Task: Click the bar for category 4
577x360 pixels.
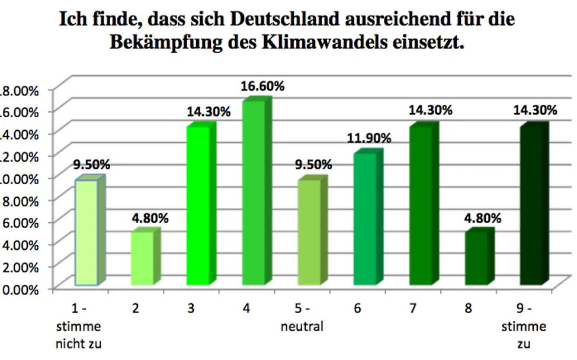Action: [254, 195]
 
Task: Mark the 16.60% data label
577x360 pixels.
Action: [262, 86]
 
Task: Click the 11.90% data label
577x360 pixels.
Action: [369, 138]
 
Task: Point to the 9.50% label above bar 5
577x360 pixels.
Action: [314, 165]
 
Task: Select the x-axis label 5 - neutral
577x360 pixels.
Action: [302, 318]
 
